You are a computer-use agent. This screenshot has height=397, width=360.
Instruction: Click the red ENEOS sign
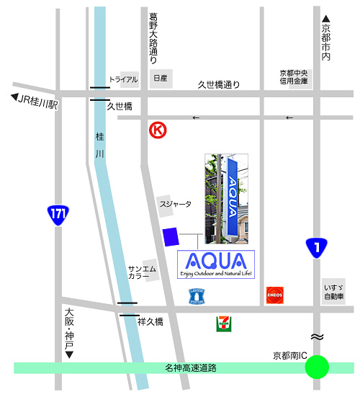pos(274,295)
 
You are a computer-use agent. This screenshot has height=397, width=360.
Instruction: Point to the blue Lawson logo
pos(197,295)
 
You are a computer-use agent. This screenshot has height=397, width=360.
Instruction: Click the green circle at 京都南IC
pos(317,367)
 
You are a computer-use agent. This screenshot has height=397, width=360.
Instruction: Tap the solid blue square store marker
pos(171,236)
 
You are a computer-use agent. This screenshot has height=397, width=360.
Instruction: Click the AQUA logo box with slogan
pos(215,264)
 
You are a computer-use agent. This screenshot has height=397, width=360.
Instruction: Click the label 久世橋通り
pos(218,84)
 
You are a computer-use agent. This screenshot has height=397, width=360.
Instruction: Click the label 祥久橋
pos(150,321)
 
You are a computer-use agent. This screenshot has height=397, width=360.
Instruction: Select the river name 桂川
pos(99,145)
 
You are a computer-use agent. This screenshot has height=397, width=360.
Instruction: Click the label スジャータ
pos(176,204)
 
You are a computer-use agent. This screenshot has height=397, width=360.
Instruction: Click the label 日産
pos(159,78)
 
